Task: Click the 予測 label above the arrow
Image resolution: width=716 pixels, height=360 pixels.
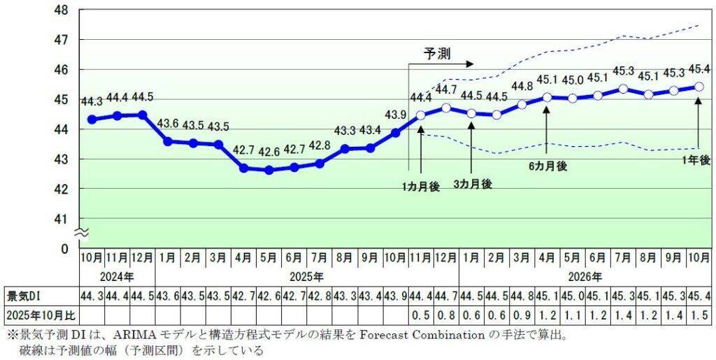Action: (x=438, y=53)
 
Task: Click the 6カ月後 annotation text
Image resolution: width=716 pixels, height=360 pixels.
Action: (x=548, y=166)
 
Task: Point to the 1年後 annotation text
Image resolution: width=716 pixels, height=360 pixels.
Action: (x=696, y=160)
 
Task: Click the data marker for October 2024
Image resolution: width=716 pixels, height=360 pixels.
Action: (x=92, y=120)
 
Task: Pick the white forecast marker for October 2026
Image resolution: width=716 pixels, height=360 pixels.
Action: (x=699, y=87)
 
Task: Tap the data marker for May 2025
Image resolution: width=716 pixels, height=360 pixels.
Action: (x=268, y=170)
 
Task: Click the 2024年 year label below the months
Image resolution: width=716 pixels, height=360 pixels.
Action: (x=117, y=275)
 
